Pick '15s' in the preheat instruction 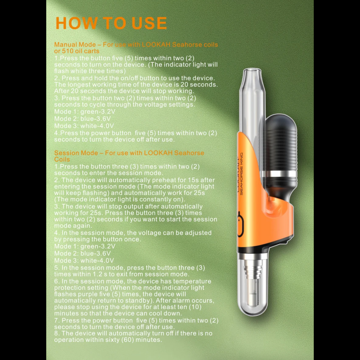pos(193,180)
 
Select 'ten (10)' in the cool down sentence pos(190,307)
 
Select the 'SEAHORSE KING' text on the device pos(241,174)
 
